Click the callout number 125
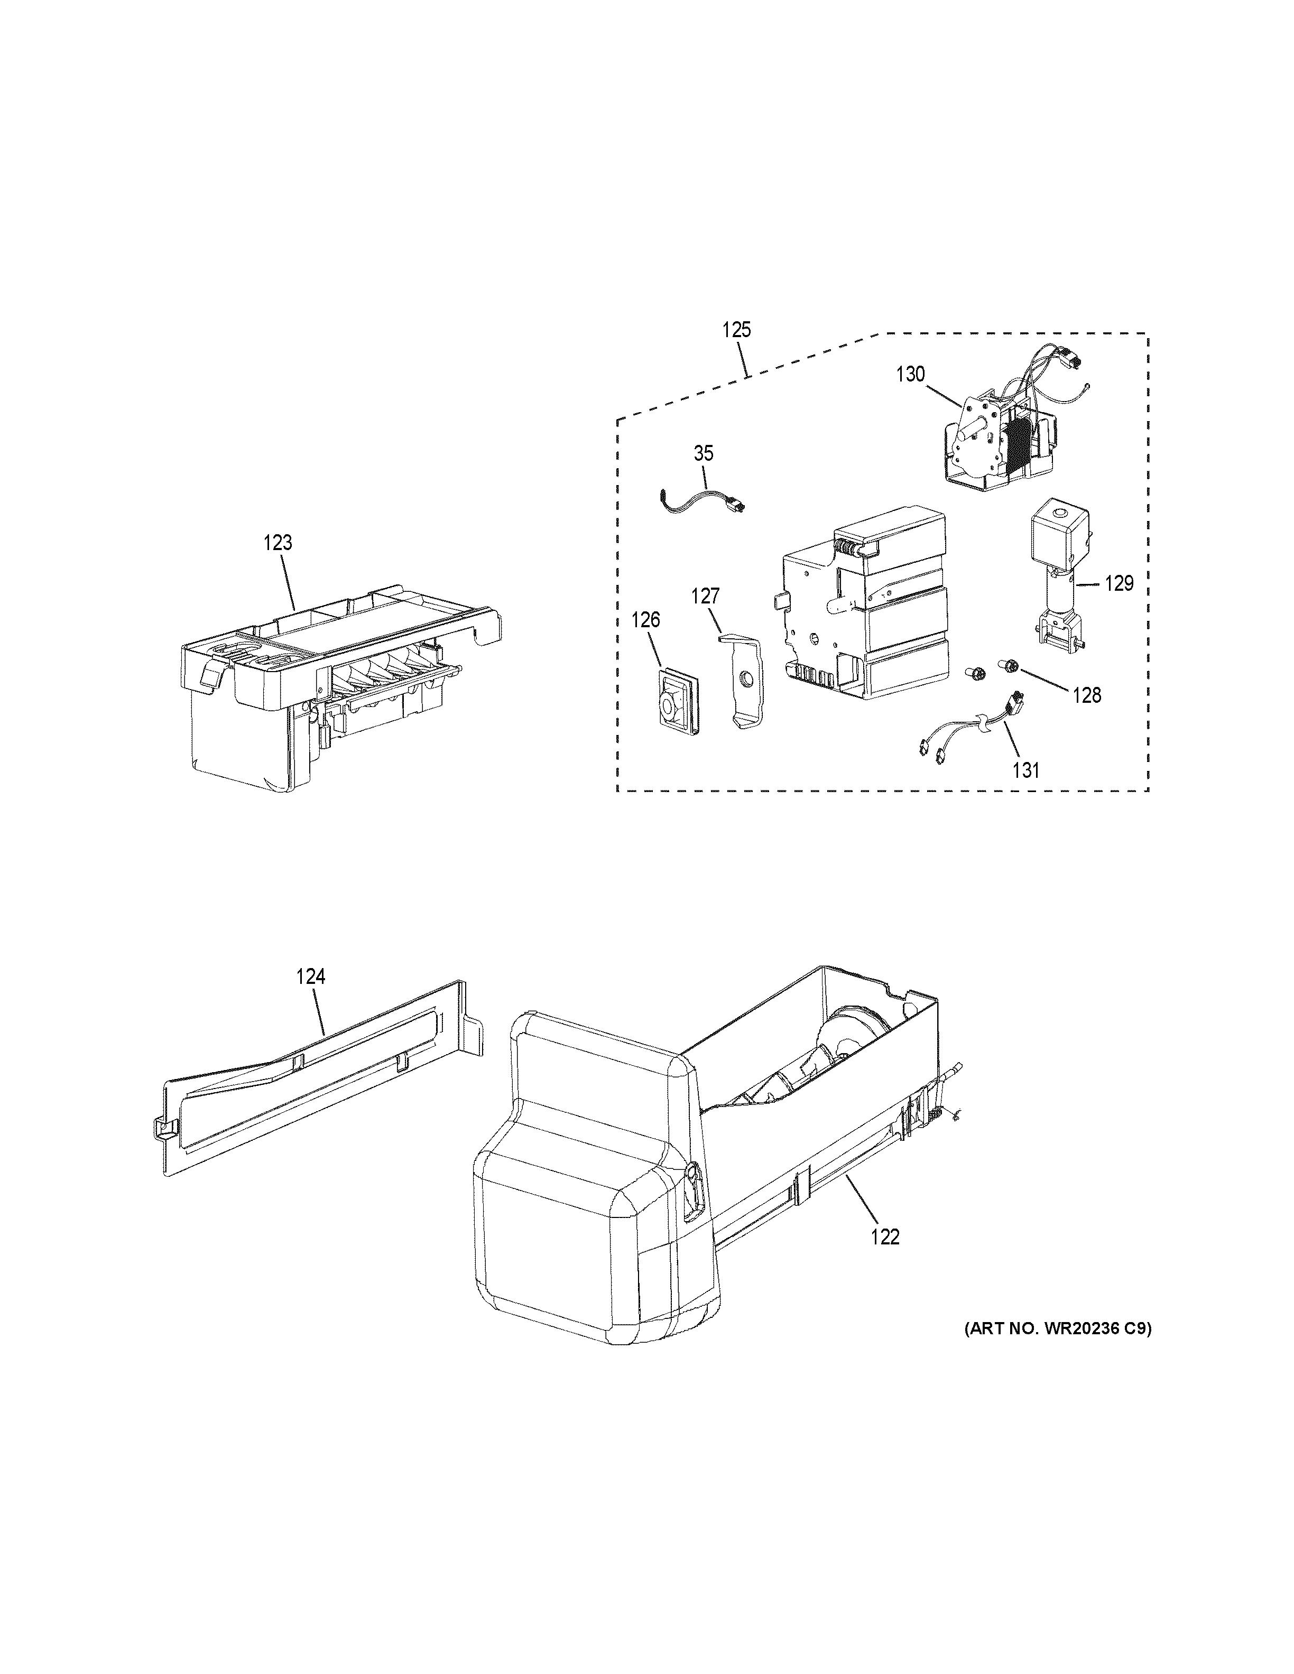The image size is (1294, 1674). [x=736, y=330]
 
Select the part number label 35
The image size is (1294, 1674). [x=703, y=453]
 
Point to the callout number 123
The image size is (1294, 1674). [x=278, y=543]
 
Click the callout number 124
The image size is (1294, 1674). [x=310, y=976]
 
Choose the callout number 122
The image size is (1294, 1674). [x=885, y=1237]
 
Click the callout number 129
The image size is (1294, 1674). [x=1119, y=583]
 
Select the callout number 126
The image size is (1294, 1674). [x=645, y=619]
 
